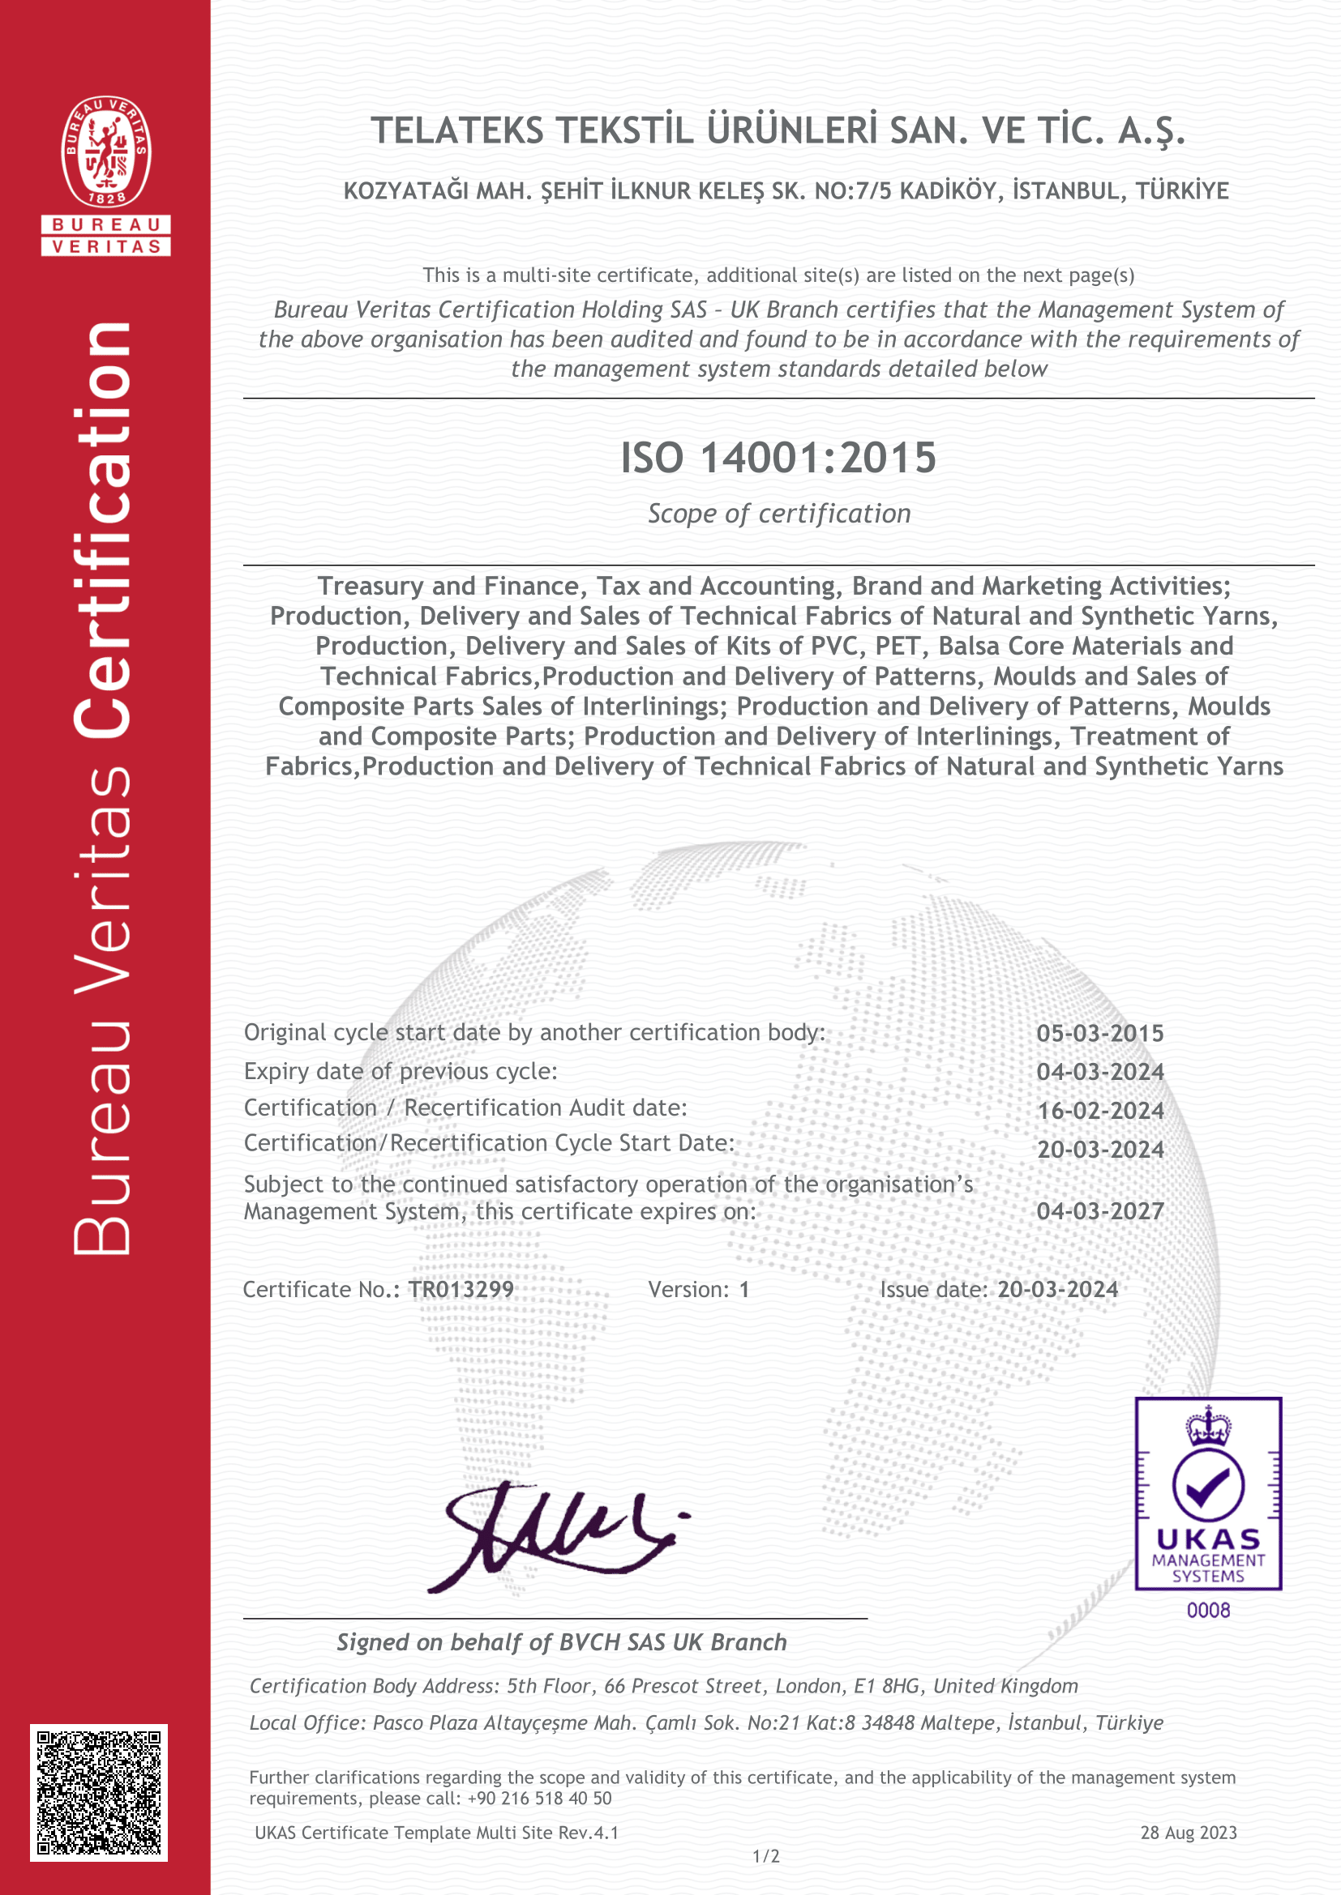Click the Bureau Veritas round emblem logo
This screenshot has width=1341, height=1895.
coord(105,151)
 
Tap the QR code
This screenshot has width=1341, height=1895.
coord(99,1792)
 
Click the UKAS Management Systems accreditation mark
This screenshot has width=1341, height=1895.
coord(1208,1494)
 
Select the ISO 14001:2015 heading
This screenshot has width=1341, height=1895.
coord(778,458)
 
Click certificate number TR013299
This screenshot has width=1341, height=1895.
coord(461,1289)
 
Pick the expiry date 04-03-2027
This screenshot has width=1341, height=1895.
coord(1100,1211)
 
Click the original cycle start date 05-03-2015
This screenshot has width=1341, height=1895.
coord(1100,1033)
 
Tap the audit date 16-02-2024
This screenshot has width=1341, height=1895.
coord(1100,1111)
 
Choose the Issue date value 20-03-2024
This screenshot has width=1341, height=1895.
coord(1058,1289)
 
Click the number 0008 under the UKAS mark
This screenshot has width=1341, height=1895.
coord(1208,1611)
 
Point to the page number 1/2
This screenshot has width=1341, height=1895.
coord(766,1856)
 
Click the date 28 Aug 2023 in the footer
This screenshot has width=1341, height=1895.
coord(1189,1833)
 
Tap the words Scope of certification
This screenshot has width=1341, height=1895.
coord(778,514)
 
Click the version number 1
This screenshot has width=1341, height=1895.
coord(744,1289)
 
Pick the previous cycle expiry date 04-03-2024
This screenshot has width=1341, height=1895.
coord(1100,1072)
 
